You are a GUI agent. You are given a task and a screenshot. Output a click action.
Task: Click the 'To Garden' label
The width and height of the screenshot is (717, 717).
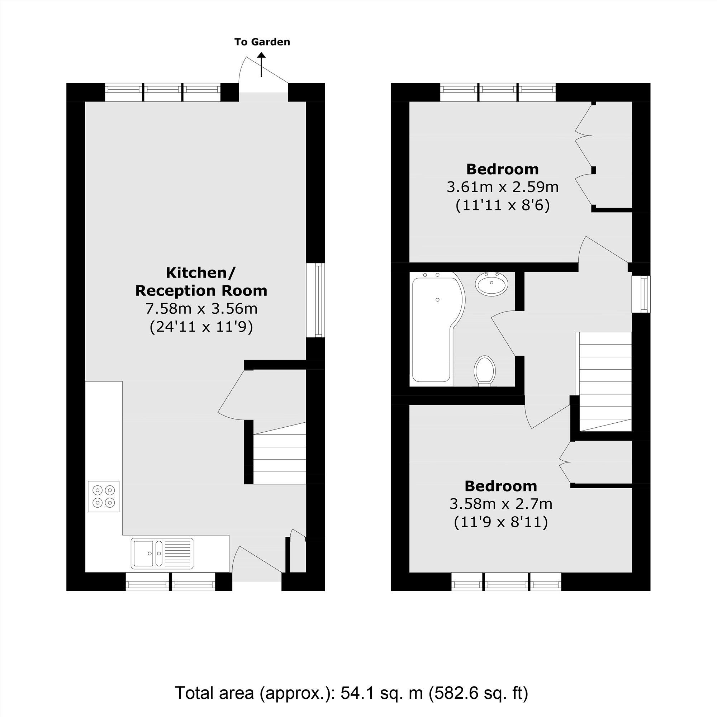(262, 42)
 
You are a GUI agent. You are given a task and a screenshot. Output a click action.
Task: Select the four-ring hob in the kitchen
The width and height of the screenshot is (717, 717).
(104, 497)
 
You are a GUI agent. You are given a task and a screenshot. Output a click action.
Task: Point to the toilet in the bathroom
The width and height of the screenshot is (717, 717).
(485, 370)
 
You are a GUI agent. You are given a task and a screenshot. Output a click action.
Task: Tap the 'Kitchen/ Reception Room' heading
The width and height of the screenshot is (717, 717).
(201, 282)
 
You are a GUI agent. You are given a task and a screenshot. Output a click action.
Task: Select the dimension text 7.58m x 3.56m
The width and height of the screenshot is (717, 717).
(201, 308)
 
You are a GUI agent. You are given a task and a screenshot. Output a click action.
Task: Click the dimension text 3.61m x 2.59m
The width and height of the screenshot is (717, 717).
(503, 187)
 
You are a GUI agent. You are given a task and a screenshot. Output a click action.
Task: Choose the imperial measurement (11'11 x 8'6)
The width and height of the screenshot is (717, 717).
(503, 205)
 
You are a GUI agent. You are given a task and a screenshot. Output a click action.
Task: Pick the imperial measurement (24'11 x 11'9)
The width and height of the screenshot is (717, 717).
(201, 327)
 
